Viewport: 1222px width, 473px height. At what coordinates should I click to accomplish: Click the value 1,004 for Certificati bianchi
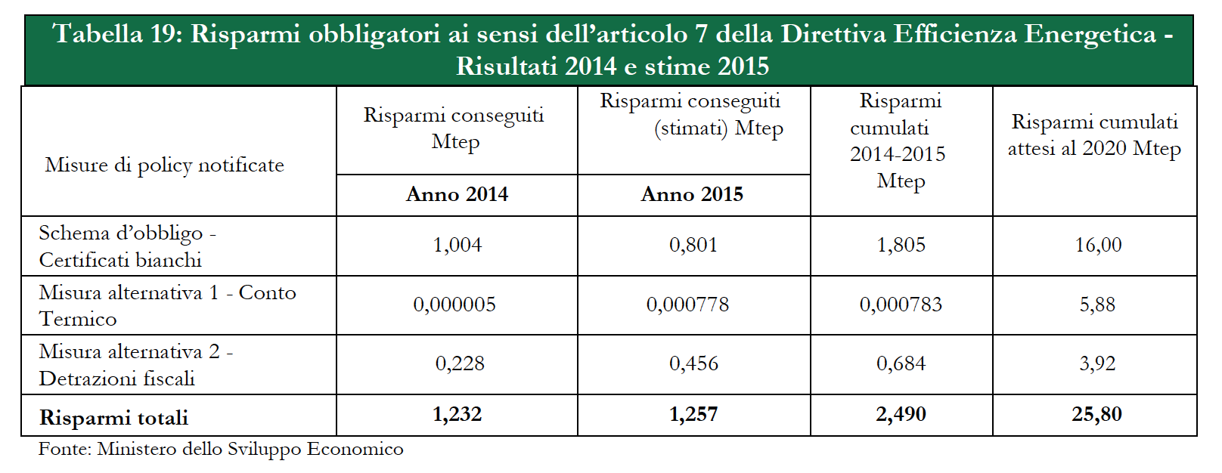pyautogui.click(x=457, y=245)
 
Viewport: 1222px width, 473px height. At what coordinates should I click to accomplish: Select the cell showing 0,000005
pyautogui.click(x=454, y=305)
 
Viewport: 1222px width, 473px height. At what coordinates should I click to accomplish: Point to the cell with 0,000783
pyautogui.click(x=901, y=305)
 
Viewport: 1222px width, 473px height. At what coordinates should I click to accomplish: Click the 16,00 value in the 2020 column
pyautogui.click(x=1098, y=245)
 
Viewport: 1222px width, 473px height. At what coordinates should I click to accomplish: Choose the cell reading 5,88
pyautogui.click(x=1097, y=305)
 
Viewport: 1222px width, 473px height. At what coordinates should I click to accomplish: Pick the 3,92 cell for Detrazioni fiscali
pyautogui.click(x=1097, y=363)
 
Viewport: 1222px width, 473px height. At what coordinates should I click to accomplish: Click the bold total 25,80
pyautogui.click(x=1096, y=414)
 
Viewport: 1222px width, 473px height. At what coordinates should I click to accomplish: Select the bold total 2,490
pyautogui.click(x=901, y=414)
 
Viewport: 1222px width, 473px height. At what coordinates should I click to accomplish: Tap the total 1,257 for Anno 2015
pyautogui.click(x=693, y=414)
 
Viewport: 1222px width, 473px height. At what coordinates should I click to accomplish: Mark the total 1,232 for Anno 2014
pyautogui.click(x=457, y=414)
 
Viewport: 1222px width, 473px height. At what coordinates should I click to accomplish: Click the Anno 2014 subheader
pyautogui.click(x=457, y=195)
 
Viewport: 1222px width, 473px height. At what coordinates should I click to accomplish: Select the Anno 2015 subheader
pyautogui.click(x=692, y=195)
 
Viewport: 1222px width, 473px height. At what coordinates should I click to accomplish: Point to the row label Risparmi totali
pyautogui.click(x=113, y=418)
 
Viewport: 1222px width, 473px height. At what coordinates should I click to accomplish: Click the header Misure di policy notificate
pyautogui.click(x=164, y=165)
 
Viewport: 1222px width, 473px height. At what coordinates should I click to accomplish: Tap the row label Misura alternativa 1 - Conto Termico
pyautogui.click(x=166, y=305)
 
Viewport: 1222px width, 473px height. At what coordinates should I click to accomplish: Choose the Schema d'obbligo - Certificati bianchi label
pyautogui.click(x=126, y=246)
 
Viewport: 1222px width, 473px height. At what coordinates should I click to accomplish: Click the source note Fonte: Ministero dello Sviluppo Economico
pyautogui.click(x=221, y=450)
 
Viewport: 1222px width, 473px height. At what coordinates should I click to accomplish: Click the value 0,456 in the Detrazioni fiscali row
pyautogui.click(x=693, y=363)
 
